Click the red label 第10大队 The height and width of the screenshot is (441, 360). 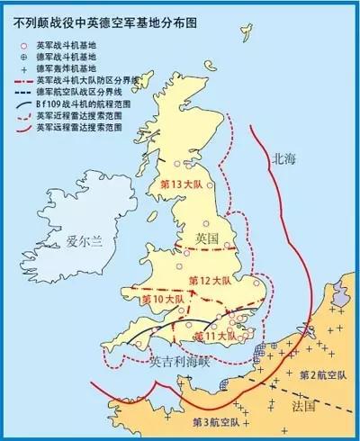pyautogui.click(x=163, y=298)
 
